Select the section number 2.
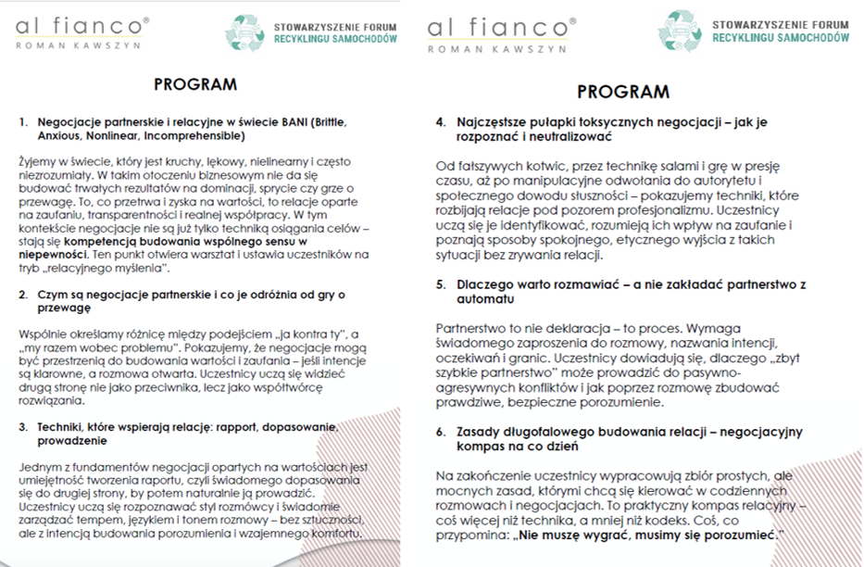[23, 295]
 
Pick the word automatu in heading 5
[487, 299]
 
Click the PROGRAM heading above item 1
[195, 84]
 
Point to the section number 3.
[23, 426]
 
